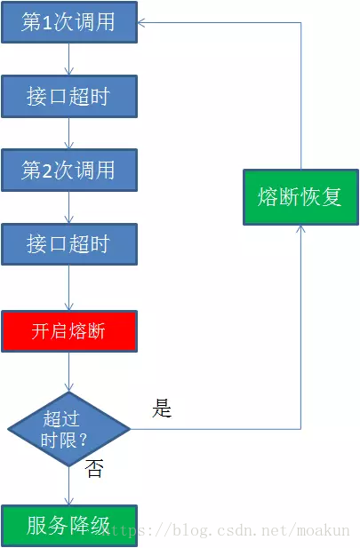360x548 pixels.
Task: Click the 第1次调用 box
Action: (x=69, y=22)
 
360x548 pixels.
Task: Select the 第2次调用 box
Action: (x=69, y=170)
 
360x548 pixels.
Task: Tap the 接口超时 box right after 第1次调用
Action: (x=69, y=96)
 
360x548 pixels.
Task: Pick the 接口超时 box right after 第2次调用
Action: (x=69, y=243)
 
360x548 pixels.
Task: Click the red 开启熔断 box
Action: (x=69, y=331)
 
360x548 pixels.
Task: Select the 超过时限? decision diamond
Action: (x=69, y=429)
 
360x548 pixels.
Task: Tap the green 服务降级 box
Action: (x=69, y=525)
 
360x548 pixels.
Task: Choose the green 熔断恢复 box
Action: (x=300, y=196)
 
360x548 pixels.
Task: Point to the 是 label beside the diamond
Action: (x=162, y=409)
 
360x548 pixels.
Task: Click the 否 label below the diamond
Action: (x=94, y=469)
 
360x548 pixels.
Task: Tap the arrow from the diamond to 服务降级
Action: (x=69, y=486)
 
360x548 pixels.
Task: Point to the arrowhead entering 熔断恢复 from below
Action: (x=300, y=229)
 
